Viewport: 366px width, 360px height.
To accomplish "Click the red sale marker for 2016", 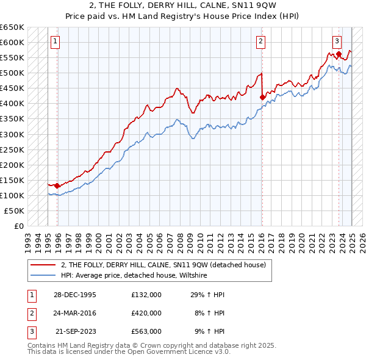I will tap(262, 96).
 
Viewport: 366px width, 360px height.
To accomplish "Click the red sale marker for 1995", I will tap(57, 185).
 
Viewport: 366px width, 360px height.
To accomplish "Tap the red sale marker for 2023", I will tap(339, 53).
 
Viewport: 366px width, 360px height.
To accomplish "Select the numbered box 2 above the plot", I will tap(260, 41).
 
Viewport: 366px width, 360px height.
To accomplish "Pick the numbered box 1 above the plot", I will tap(55, 41).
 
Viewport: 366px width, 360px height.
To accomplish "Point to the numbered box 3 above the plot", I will tap(337, 41).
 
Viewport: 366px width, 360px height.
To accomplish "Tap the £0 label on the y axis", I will tap(18, 226).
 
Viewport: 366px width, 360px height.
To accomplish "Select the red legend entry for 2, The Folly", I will tap(163, 265).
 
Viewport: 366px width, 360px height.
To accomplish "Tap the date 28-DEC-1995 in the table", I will tap(76, 295).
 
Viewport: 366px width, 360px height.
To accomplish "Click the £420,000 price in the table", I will tap(146, 313).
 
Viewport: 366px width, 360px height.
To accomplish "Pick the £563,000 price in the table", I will tap(146, 331).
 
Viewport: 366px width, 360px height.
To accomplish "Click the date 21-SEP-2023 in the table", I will tap(76, 331).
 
